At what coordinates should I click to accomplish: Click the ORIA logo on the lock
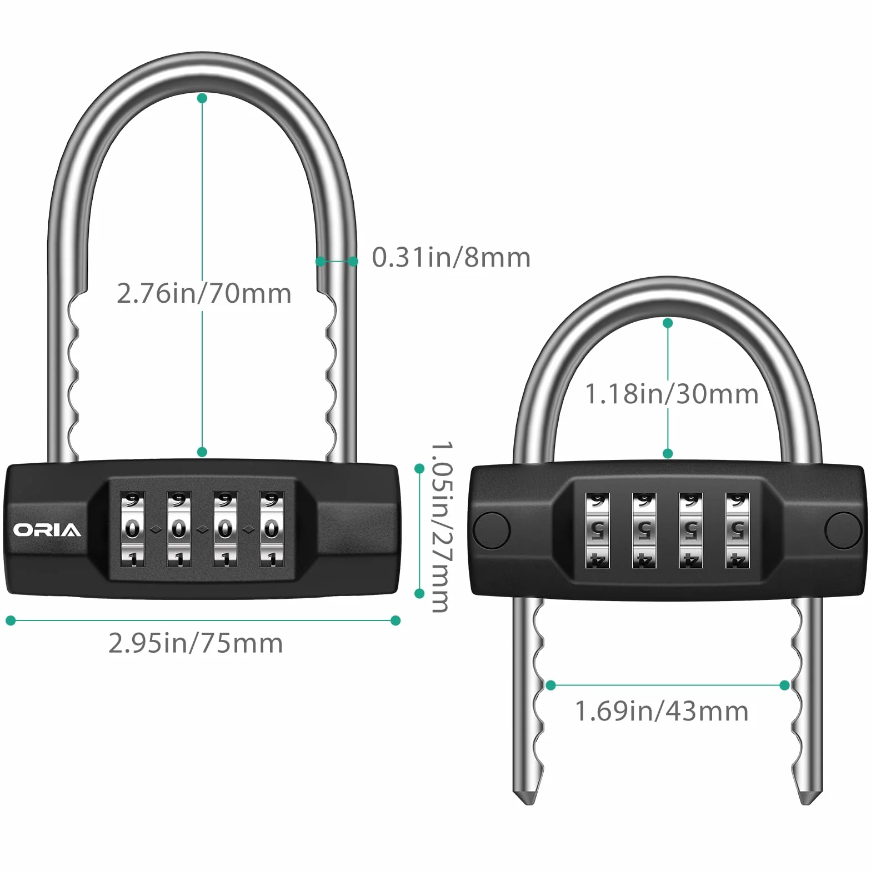click(x=47, y=530)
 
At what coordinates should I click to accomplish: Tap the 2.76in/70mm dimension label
click(x=204, y=293)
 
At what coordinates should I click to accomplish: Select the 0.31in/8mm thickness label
click(x=451, y=258)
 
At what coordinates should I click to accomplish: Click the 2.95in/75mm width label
click(x=196, y=643)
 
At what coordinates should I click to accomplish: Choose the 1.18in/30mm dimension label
click(x=672, y=394)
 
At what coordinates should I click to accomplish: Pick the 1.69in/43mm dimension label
click(x=662, y=711)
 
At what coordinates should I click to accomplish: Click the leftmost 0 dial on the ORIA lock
click(x=132, y=529)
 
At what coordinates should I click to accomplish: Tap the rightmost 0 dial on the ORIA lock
click(x=272, y=529)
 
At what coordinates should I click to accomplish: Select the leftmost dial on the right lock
click(x=598, y=530)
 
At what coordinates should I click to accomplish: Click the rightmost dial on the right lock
click(x=737, y=530)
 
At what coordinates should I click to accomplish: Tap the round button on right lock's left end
click(x=490, y=530)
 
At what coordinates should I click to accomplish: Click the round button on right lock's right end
click(x=843, y=530)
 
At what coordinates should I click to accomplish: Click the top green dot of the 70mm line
click(x=202, y=98)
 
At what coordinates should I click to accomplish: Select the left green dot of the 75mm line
click(x=11, y=620)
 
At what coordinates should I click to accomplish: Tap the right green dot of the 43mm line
click(x=784, y=685)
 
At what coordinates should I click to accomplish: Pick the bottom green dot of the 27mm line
click(x=419, y=593)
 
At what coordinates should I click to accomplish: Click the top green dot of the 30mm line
click(x=668, y=323)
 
